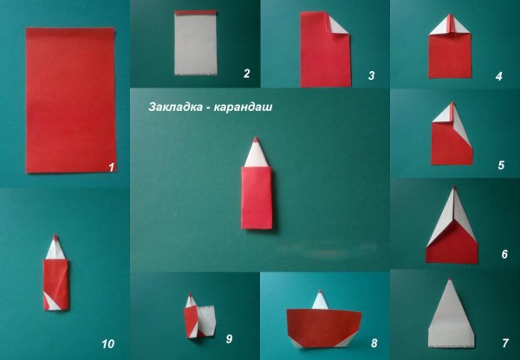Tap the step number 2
(246, 75)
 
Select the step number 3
(370, 76)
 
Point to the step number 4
(498, 76)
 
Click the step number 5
(500, 163)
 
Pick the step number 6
(504, 255)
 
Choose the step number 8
(374, 344)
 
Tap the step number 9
(230, 337)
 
